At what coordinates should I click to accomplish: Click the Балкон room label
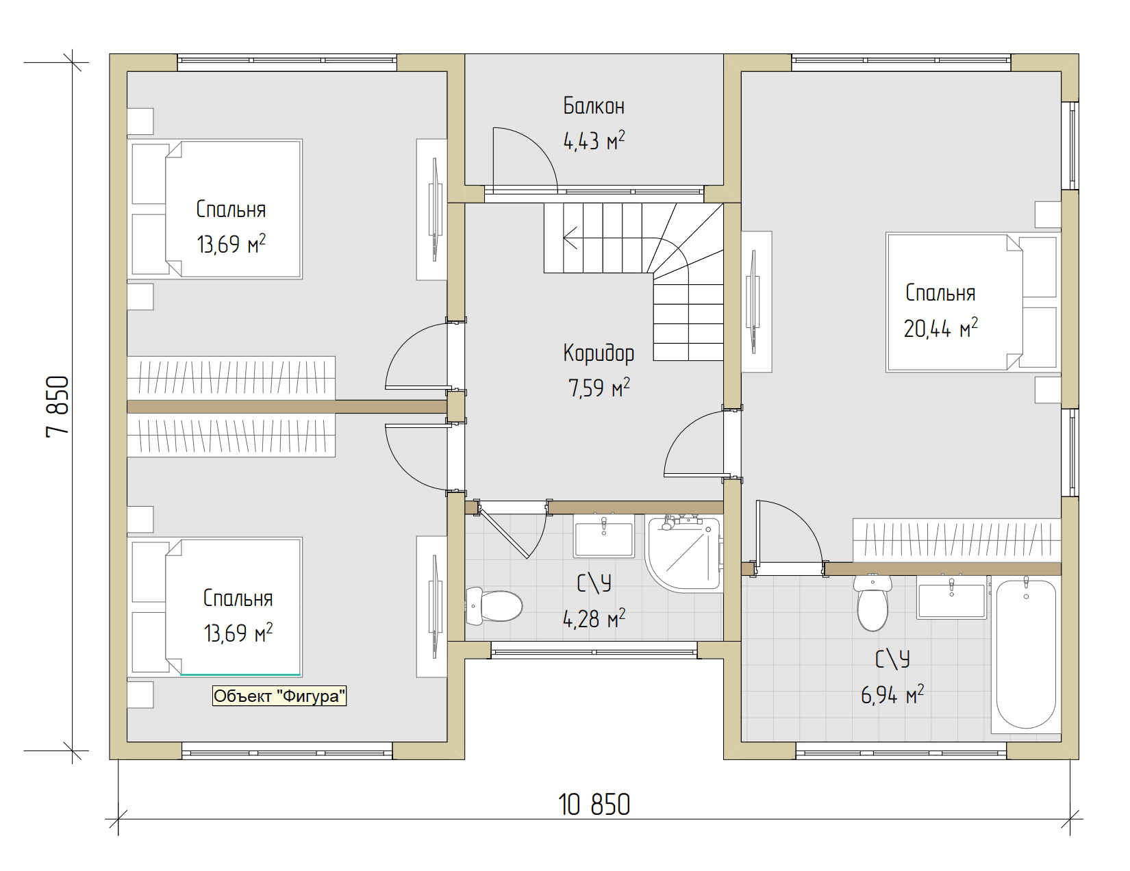(594, 107)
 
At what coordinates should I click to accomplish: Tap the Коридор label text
(599, 353)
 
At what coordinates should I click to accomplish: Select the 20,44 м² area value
(941, 329)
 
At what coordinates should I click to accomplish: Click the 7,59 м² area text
(599, 388)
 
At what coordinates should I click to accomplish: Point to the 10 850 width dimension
(594, 805)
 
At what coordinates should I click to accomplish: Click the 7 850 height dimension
(58, 406)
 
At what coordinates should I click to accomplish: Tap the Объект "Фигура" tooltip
(279, 696)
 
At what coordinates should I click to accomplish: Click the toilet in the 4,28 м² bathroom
(494, 605)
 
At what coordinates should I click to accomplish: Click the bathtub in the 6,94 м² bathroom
(1026, 654)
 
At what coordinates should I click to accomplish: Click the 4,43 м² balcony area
(594, 141)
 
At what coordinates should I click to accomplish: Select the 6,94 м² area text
(892, 694)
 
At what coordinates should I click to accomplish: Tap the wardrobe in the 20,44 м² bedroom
(956, 540)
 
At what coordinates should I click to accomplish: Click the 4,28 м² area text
(594, 618)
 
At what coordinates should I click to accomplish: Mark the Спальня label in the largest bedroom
(940, 293)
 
